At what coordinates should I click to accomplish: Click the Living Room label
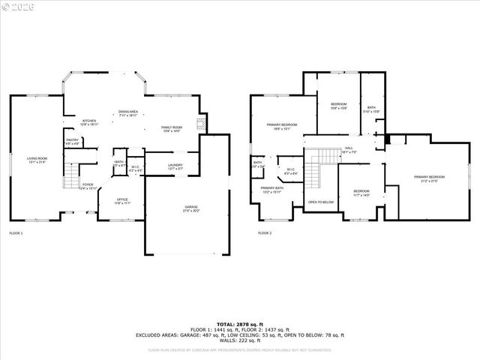[37, 160]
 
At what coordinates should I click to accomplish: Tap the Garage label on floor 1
[192, 209]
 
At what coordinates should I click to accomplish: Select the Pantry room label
[73, 141]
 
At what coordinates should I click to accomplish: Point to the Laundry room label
[175, 166]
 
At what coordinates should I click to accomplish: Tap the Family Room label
[172, 129]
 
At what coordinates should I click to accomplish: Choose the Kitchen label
[89, 122]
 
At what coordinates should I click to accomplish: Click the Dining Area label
[128, 113]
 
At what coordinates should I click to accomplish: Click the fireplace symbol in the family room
[200, 124]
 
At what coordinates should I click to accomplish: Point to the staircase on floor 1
[70, 179]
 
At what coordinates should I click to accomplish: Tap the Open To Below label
[320, 202]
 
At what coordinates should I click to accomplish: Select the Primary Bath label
[271, 190]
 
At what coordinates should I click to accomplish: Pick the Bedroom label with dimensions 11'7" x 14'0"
[361, 192]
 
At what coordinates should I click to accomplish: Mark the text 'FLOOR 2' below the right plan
[265, 233]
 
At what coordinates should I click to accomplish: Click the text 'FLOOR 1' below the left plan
[16, 233]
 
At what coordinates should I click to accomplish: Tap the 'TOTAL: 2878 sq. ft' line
[239, 324]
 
